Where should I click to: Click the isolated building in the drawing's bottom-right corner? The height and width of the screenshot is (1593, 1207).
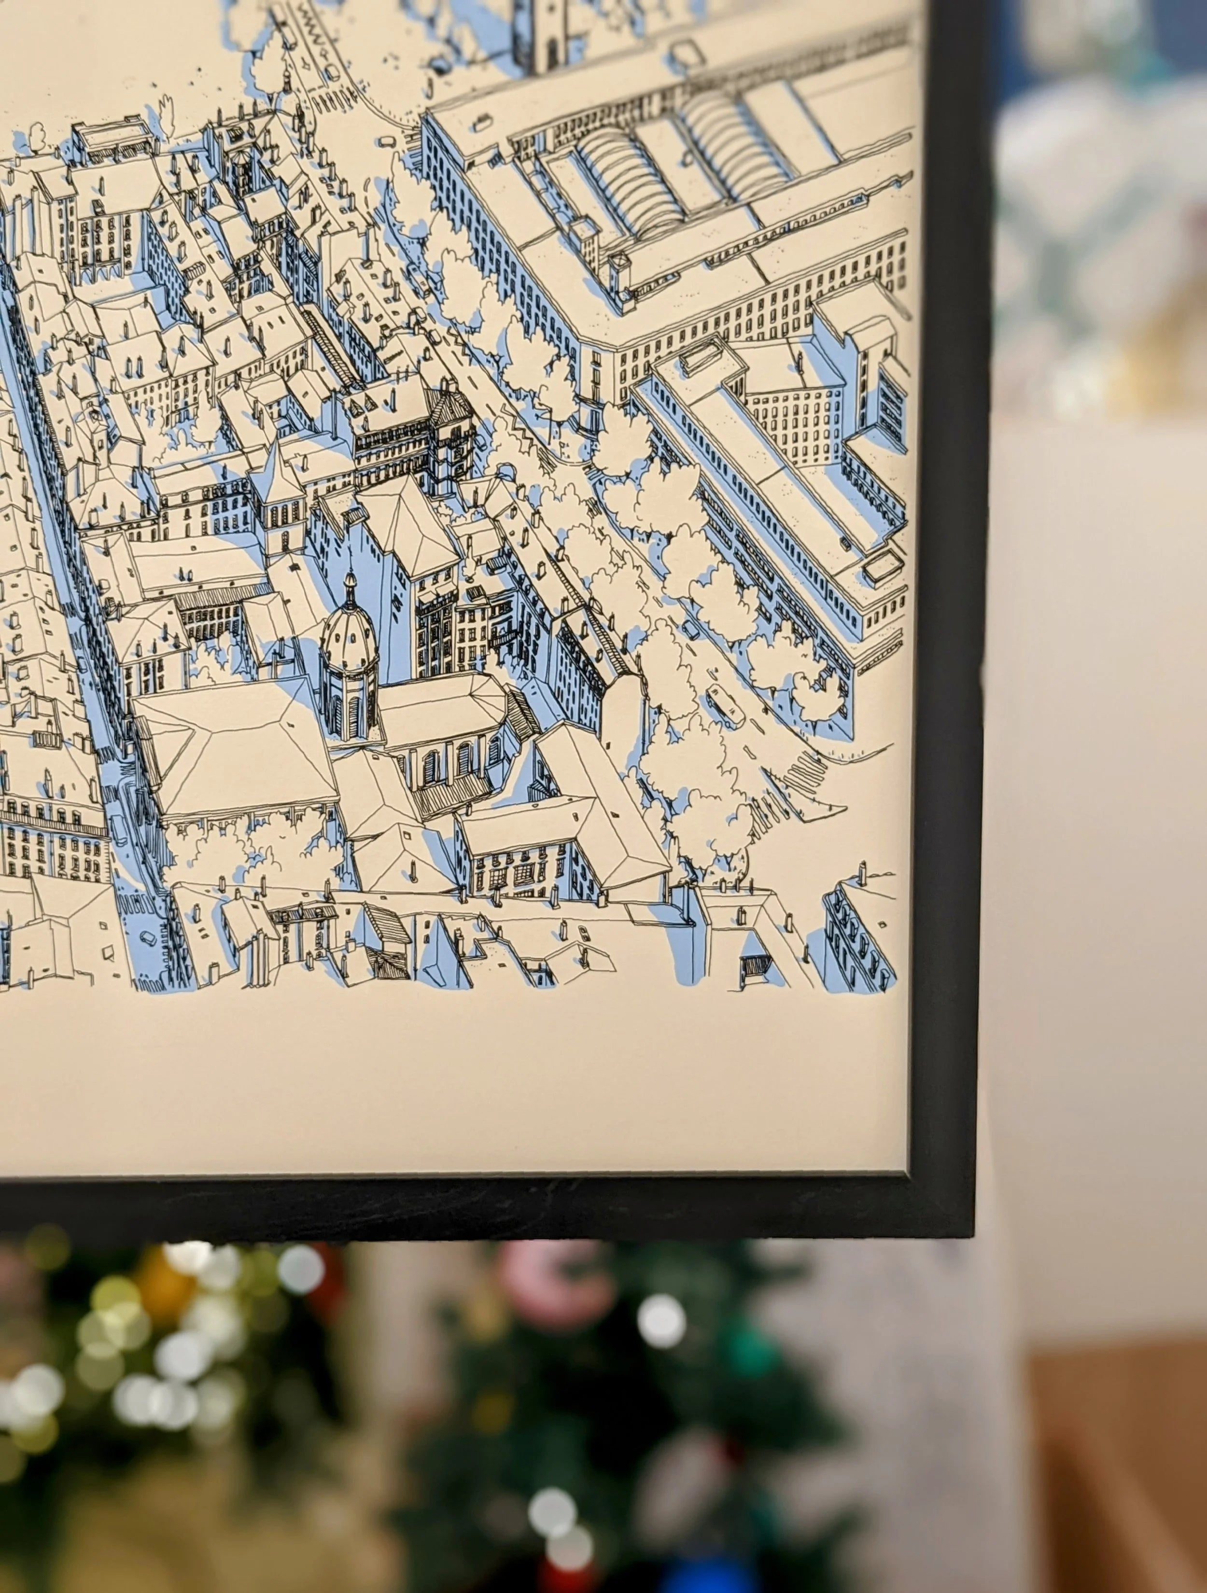click(861, 929)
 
